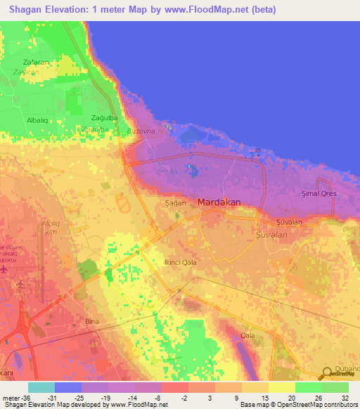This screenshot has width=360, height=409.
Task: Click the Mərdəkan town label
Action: click(219, 202)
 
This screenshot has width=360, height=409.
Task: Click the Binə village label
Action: click(91, 321)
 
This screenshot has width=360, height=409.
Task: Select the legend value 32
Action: click(345, 397)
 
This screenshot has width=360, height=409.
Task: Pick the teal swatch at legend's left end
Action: click(41, 387)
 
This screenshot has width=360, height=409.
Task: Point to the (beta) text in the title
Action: click(262, 10)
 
